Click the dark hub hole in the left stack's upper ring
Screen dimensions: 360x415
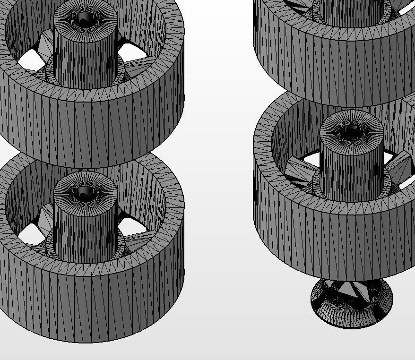[85, 19]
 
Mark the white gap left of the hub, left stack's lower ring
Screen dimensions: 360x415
[29, 233]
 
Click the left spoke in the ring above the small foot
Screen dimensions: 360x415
[301, 170]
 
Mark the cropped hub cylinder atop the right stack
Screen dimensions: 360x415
[352, 12]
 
